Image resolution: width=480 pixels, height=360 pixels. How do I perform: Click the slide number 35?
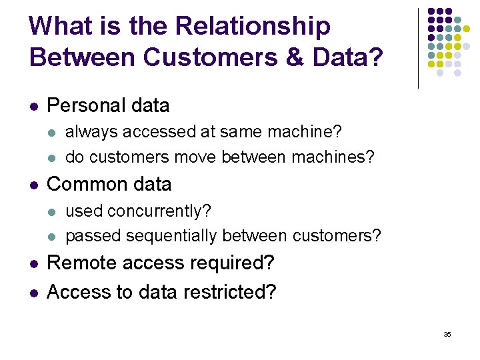tap(447, 334)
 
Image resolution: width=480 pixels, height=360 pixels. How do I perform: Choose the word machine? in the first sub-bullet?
tap(307, 132)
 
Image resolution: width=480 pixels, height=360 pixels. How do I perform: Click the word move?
tap(195, 157)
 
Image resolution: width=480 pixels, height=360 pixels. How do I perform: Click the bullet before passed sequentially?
tap(53, 237)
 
